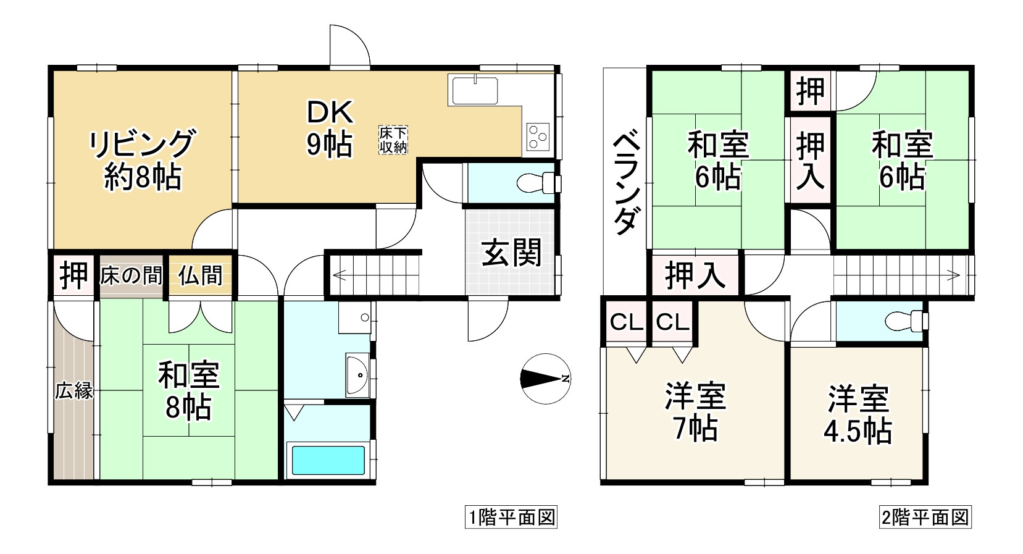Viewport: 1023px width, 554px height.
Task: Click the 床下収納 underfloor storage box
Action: (x=393, y=140)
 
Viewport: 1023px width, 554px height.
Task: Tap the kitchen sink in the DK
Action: (x=475, y=90)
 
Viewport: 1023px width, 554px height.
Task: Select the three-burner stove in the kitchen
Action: (x=538, y=136)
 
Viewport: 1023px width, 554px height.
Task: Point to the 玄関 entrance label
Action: (x=511, y=253)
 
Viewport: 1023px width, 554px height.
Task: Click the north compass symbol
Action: (x=545, y=379)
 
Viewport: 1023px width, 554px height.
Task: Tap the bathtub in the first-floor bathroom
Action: (x=328, y=460)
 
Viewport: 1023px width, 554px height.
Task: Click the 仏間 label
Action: (x=201, y=276)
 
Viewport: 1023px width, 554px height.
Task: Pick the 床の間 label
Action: (x=131, y=276)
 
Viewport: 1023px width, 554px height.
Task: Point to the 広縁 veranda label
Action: (x=74, y=391)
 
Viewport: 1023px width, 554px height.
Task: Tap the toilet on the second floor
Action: (x=906, y=321)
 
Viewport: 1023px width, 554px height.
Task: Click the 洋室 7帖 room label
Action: (x=695, y=413)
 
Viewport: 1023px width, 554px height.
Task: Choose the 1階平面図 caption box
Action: (x=511, y=517)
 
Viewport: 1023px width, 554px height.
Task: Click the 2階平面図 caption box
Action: (x=925, y=517)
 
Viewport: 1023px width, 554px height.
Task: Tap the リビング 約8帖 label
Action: (x=143, y=159)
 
